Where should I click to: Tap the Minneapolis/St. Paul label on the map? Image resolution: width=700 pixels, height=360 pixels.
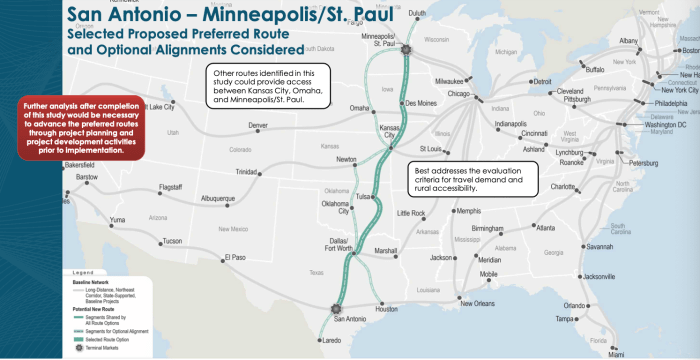click(x=378, y=41)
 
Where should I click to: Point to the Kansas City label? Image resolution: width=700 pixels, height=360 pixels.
click(x=391, y=133)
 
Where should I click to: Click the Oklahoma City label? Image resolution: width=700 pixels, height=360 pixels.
click(x=337, y=207)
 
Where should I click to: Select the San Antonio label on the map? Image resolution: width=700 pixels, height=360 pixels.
click(x=350, y=318)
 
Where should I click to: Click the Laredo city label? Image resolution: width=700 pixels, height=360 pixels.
click(x=332, y=342)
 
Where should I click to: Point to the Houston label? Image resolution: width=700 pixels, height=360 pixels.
click(x=386, y=310)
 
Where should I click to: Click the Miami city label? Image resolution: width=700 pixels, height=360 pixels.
click(x=616, y=353)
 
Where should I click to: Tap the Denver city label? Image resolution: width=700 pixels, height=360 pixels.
click(x=258, y=125)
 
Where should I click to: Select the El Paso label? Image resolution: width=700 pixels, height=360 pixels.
click(x=234, y=257)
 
